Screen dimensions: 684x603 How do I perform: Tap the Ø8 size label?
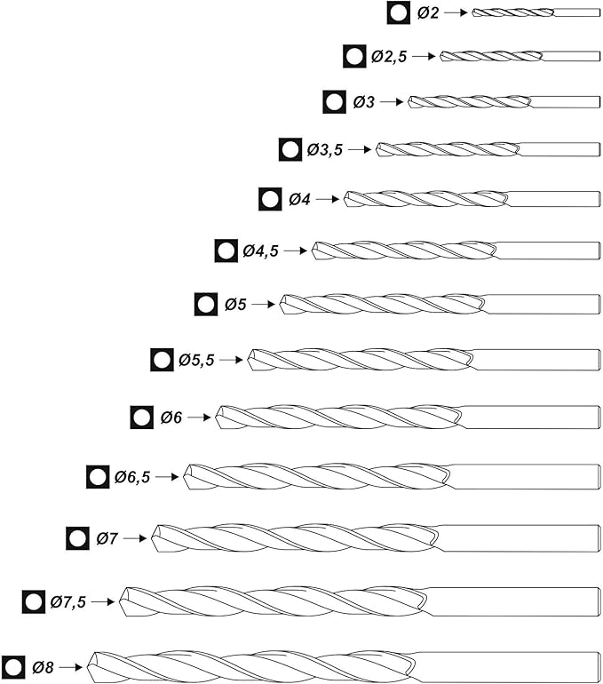click(x=44, y=666)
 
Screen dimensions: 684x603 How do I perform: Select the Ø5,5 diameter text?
click(x=196, y=360)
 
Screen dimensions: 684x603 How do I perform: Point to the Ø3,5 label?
click(x=325, y=150)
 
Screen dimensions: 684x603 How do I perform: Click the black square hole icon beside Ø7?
click(x=78, y=538)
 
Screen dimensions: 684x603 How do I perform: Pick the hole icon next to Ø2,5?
click(x=354, y=56)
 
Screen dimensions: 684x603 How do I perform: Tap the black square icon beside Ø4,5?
click(x=226, y=251)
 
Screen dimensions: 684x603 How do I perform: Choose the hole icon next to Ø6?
click(x=142, y=417)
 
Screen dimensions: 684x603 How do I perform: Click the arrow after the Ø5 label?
click(x=264, y=305)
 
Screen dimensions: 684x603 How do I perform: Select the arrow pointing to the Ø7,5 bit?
click(x=103, y=601)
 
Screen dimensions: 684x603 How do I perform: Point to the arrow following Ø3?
click(x=392, y=102)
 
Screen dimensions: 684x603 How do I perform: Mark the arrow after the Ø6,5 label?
click(x=167, y=477)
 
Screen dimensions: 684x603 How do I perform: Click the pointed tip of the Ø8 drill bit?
click(x=91, y=664)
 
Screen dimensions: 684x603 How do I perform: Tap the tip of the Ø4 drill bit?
click(x=347, y=198)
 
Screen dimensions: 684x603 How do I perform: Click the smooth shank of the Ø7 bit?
click(x=519, y=537)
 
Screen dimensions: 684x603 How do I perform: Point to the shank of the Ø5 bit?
click(x=542, y=305)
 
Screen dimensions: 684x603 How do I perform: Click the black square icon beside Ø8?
click(x=13, y=666)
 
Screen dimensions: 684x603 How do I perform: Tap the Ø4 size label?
click(x=299, y=199)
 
